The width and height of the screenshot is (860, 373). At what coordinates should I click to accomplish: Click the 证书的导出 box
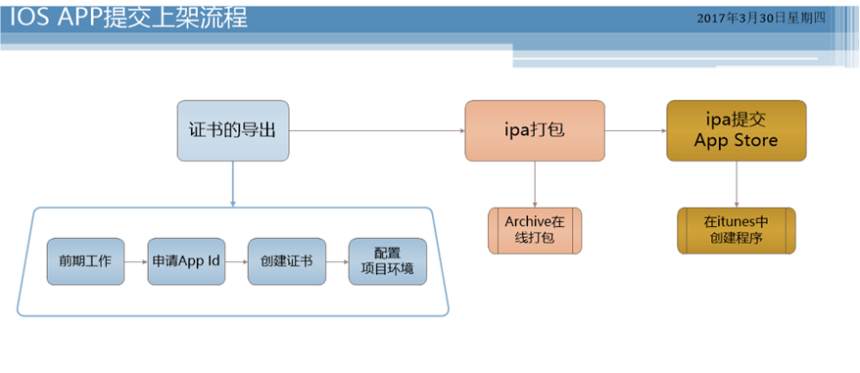[x=233, y=130]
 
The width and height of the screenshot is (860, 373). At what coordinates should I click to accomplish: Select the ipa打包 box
[x=534, y=130]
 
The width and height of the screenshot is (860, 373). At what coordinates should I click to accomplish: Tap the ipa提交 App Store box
[x=736, y=130]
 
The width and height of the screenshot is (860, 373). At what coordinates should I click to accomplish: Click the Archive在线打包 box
[x=534, y=231]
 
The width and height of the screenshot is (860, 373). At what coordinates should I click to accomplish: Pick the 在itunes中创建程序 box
[x=736, y=231]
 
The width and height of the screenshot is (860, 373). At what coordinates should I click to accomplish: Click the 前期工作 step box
[x=86, y=261]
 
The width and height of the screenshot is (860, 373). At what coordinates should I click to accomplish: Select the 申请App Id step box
[x=186, y=261]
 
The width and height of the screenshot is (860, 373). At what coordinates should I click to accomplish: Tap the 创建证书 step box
[x=286, y=261]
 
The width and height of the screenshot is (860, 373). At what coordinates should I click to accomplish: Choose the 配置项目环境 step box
[x=388, y=261]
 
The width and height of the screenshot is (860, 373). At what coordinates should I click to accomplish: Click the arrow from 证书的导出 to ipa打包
[x=377, y=130]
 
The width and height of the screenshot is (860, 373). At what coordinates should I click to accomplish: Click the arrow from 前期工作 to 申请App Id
[x=136, y=261]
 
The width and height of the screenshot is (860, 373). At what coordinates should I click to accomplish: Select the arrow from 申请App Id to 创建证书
[x=236, y=261]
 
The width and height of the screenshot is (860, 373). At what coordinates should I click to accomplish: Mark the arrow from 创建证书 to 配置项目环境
[x=336, y=261]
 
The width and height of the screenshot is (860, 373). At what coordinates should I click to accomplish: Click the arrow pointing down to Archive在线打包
[x=534, y=183]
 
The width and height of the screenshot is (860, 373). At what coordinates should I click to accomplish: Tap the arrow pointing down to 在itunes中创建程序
[x=736, y=183]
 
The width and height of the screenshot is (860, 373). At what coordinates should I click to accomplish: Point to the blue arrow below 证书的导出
[x=233, y=184]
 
